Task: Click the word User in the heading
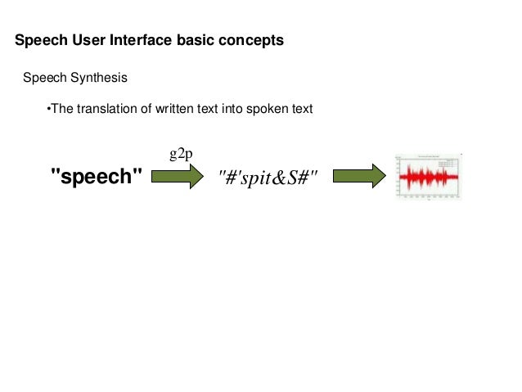[x=87, y=40]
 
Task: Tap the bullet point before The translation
[x=48, y=109]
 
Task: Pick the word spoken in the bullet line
[x=267, y=109]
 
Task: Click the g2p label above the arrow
[x=181, y=154]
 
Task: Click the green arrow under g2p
[x=177, y=176]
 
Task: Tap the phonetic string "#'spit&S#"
[x=268, y=177]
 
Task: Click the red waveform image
[x=428, y=177]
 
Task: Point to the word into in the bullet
[x=231, y=109]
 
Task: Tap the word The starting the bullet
[x=62, y=109]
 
